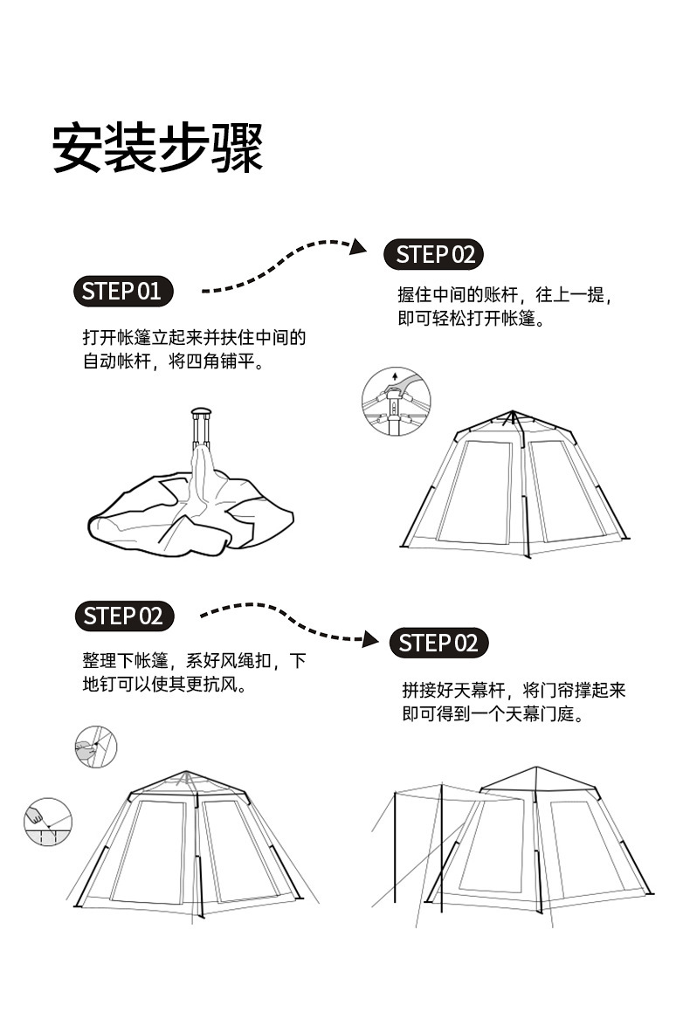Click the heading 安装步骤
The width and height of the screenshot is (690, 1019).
click(158, 148)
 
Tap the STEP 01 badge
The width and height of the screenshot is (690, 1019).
click(122, 291)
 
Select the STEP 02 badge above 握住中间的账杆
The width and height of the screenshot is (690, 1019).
click(435, 255)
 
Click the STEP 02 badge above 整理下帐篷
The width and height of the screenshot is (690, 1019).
click(123, 616)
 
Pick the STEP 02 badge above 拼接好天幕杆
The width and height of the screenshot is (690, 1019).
click(438, 644)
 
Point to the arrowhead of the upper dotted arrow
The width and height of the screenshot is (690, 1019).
click(357, 248)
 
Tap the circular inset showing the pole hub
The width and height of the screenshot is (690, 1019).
click(397, 403)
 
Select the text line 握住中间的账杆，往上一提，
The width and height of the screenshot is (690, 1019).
click(504, 296)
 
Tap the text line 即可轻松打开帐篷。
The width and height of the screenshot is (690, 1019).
click(472, 319)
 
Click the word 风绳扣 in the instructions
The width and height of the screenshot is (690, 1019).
click(247, 661)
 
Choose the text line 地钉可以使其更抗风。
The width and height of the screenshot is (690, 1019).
click(162, 684)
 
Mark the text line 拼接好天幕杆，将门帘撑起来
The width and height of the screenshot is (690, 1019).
click(514, 691)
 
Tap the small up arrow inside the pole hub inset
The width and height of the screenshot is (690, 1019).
click(395, 376)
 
